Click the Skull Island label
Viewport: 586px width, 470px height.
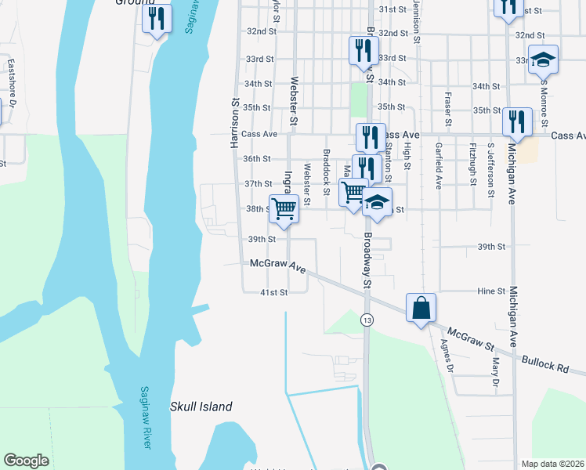pyautogui.click(x=201, y=407)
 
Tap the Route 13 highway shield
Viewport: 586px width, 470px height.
pyautogui.click(x=366, y=320)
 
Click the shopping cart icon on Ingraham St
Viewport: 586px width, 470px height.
pyautogui.click(x=284, y=208)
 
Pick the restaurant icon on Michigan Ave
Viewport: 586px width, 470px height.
pyautogui.click(x=517, y=121)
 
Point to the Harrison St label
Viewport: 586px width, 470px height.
pyautogui.click(x=233, y=123)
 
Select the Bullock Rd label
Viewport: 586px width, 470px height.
pyautogui.click(x=548, y=366)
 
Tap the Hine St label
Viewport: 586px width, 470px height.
pyautogui.click(x=492, y=291)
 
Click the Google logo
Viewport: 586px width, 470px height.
pyautogui.click(x=26, y=461)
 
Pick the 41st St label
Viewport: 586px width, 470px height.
pyautogui.click(x=274, y=291)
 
